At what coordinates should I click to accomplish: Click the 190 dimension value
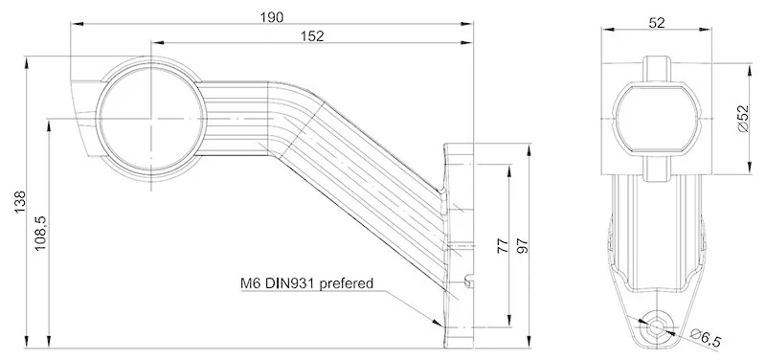tap(272, 16)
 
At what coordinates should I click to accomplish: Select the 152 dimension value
tap(312, 35)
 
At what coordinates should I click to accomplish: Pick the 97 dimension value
tap(523, 245)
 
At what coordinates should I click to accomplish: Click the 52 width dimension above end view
tap(657, 23)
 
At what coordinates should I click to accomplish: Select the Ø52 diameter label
tap(743, 119)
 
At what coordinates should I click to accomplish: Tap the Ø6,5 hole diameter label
tap(709, 336)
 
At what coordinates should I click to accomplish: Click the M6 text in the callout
tap(251, 283)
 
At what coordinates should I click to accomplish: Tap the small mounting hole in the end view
tap(657, 326)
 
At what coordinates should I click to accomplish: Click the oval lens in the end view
tap(657, 118)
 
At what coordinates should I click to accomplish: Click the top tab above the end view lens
tap(657, 68)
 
